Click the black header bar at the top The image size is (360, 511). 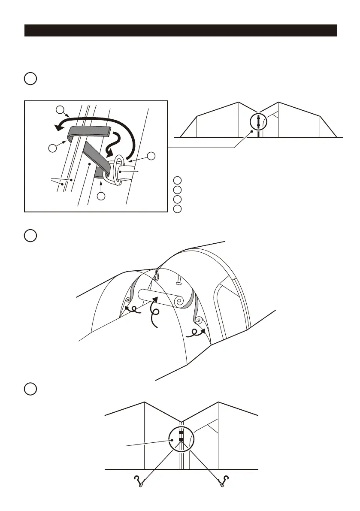tap(180, 30)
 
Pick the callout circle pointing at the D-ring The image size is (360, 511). tap(151, 156)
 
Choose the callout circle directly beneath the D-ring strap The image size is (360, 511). tap(101, 197)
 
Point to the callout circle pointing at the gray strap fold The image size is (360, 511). tap(52, 148)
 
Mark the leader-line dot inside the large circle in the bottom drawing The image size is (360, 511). tap(172, 440)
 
